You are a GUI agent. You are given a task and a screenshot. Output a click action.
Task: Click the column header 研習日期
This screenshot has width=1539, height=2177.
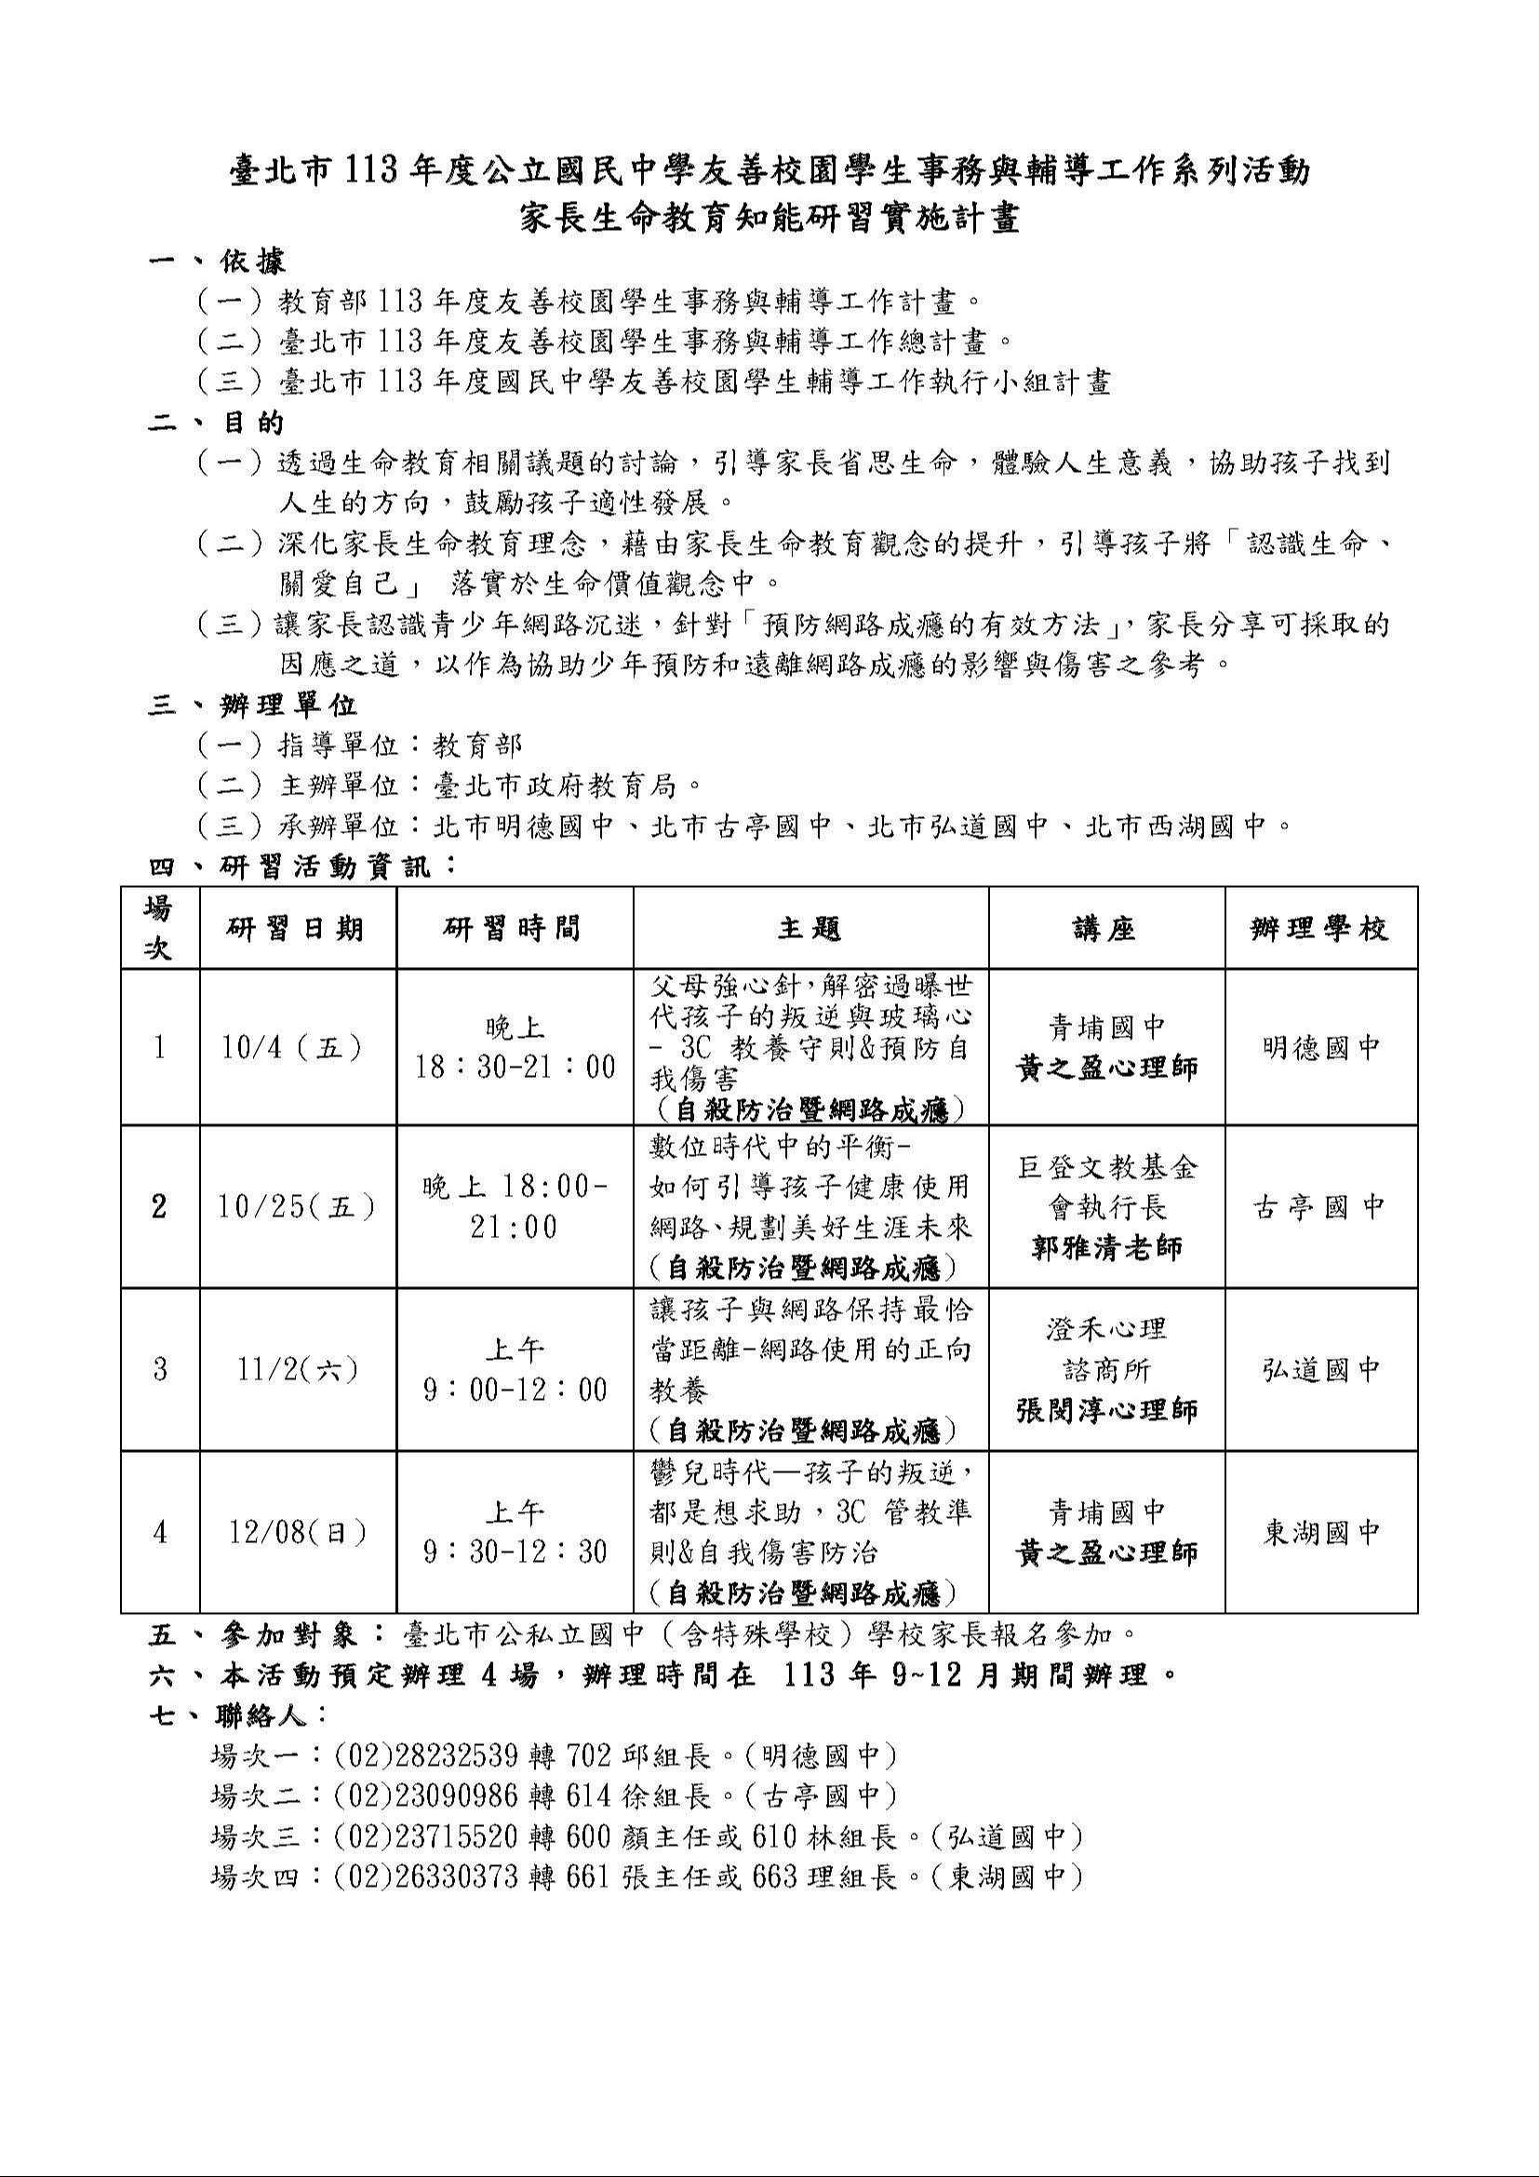[295, 928]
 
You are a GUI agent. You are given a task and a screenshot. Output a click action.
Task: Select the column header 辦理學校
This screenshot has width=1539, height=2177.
[1320, 928]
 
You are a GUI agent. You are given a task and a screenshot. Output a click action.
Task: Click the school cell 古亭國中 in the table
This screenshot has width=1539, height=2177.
[1320, 1206]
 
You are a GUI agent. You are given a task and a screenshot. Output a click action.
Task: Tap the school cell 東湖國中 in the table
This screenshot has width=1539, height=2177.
[1320, 1532]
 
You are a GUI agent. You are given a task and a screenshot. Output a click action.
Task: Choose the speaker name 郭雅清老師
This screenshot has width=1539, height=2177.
[1106, 1248]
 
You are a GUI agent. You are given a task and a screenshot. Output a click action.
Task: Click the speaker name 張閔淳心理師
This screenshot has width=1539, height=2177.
[1106, 1410]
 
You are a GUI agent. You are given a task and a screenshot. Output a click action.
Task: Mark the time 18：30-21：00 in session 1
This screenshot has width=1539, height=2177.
[515, 1068]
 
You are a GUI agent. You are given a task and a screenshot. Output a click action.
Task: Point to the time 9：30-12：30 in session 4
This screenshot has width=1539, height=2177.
[515, 1552]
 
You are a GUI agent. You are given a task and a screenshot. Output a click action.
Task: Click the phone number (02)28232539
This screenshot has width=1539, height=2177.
[426, 1756]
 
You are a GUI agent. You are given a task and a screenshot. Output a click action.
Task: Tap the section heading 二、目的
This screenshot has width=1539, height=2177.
[216, 422]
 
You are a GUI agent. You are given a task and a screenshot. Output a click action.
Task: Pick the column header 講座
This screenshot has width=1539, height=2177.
[1105, 928]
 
